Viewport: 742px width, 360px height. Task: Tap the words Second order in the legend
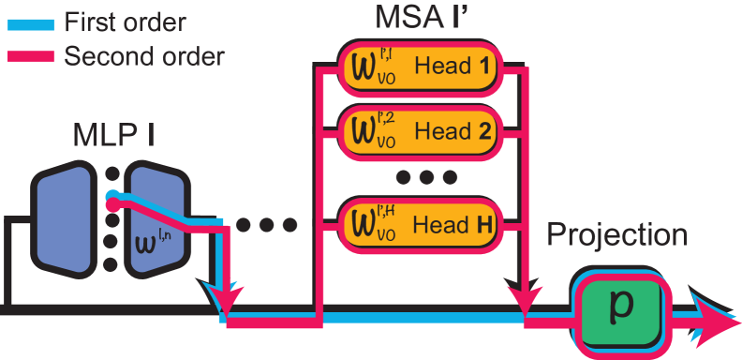(x=144, y=56)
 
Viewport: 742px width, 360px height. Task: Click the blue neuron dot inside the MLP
(x=112, y=196)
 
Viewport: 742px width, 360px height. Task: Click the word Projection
(x=617, y=234)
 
